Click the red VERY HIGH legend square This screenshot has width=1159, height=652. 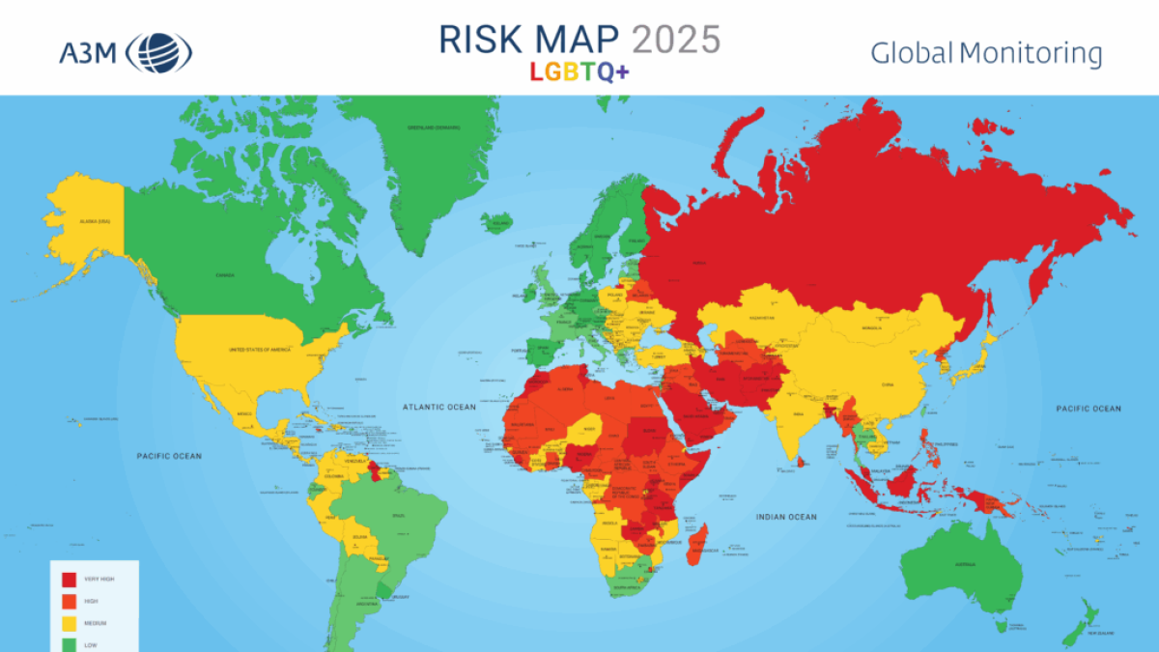(x=70, y=580)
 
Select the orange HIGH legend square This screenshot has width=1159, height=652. (x=70, y=602)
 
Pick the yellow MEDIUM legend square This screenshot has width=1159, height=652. (x=70, y=623)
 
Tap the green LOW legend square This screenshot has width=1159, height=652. (x=70, y=643)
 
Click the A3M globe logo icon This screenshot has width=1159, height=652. (x=159, y=52)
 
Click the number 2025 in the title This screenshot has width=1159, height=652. (x=676, y=40)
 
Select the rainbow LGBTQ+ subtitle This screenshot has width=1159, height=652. (x=579, y=72)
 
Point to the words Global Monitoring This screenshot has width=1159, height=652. (x=986, y=53)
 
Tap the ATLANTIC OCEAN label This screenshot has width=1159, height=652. (x=440, y=408)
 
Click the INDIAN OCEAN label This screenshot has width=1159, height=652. (x=786, y=517)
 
